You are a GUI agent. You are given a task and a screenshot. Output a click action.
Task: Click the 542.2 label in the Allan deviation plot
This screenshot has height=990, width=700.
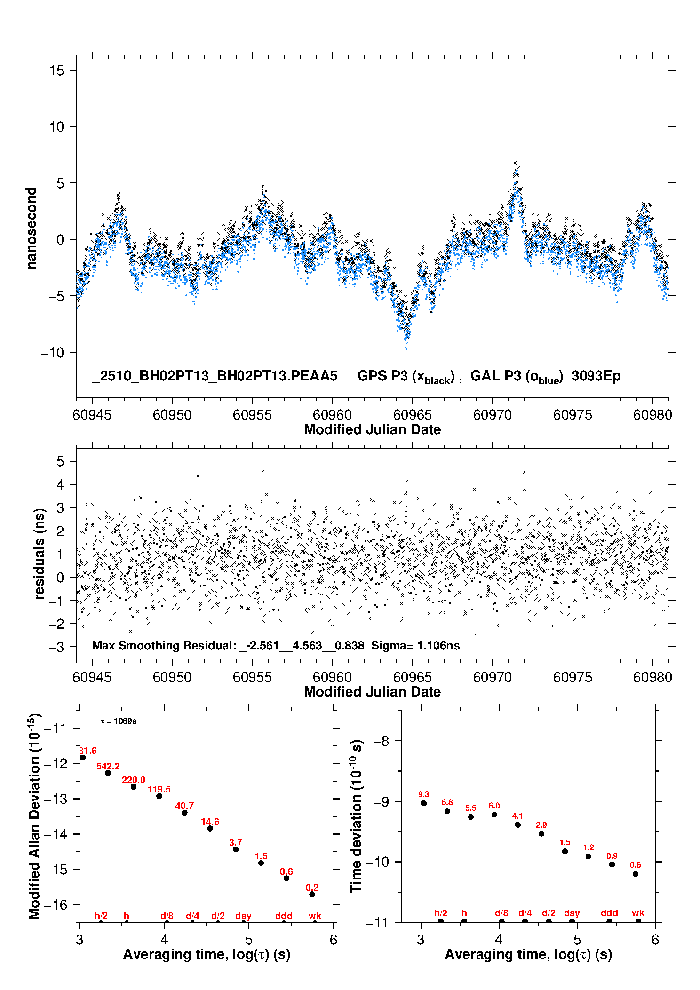[108, 766]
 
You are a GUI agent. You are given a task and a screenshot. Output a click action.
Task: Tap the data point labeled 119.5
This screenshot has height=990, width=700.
[159, 796]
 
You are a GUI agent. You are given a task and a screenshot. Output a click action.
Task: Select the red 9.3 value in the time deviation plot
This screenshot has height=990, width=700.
[423, 794]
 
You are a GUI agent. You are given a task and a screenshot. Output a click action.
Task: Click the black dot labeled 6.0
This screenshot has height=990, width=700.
[494, 814]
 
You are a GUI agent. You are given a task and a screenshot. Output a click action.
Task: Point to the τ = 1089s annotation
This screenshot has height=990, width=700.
[119, 721]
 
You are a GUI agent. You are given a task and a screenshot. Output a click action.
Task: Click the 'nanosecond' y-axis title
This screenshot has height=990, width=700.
[32, 228]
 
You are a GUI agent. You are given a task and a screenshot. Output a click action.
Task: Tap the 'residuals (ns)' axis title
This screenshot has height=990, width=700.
[40, 554]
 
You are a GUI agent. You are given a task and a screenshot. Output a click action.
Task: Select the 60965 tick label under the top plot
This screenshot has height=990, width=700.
[412, 415]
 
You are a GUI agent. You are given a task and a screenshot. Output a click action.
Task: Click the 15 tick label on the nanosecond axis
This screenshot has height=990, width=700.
[56, 71]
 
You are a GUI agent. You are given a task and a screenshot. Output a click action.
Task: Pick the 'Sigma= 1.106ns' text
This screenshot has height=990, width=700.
[415, 645]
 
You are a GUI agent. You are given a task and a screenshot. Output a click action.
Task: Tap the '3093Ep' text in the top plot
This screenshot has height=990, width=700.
[596, 376]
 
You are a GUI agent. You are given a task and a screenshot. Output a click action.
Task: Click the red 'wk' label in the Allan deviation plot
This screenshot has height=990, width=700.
[315, 916]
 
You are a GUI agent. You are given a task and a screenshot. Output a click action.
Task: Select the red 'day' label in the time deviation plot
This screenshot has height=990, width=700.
[572, 913]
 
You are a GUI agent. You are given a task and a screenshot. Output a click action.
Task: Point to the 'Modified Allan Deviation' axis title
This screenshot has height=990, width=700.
[34, 816]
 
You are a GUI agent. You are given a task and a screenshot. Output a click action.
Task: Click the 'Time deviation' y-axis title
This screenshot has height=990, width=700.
[356, 816]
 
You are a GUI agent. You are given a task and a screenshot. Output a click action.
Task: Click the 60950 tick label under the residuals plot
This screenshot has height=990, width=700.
[172, 677]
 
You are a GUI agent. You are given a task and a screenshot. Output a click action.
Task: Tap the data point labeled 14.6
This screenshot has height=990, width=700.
[210, 828]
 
